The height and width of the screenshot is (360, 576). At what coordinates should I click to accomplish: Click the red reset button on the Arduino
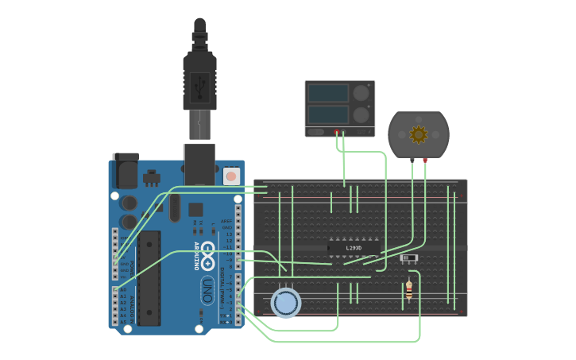tap(230, 176)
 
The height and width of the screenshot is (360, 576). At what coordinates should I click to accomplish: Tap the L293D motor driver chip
tap(354, 248)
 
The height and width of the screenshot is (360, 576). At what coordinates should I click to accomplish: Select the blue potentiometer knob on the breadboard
tap(286, 303)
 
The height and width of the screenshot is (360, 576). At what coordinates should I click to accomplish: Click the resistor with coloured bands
tap(409, 290)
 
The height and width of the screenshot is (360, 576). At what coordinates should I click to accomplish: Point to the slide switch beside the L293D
tap(409, 258)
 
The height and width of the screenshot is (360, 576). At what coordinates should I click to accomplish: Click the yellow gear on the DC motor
tap(418, 135)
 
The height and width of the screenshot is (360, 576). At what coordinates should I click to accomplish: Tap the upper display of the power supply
tap(328, 94)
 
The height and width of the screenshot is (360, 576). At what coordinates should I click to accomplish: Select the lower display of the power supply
tap(328, 114)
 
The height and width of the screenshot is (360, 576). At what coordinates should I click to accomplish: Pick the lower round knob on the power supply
tap(361, 114)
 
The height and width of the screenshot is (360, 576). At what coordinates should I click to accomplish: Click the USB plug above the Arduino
tap(199, 79)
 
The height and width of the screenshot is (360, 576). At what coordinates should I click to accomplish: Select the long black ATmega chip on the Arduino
tap(149, 278)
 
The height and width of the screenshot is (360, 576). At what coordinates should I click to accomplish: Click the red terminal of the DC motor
tap(425, 161)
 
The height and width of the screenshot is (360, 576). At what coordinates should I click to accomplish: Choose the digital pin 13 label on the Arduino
tap(229, 234)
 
